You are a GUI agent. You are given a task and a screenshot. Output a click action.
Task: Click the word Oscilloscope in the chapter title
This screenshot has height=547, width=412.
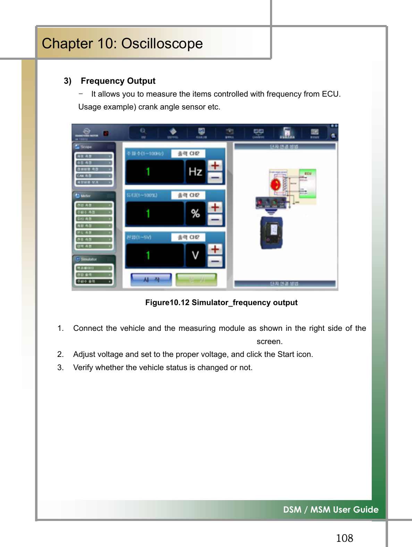[x=162, y=44]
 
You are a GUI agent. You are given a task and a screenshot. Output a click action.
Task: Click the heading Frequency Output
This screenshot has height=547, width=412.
[x=118, y=81]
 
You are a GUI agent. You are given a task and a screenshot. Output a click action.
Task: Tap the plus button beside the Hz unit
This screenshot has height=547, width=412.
[x=215, y=165]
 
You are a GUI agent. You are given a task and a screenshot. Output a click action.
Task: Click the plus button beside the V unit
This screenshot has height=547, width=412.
[x=215, y=249]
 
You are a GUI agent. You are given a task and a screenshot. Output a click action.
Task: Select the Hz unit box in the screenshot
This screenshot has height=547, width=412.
[x=195, y=172]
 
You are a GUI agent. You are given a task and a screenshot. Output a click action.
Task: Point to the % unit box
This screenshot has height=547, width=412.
[x=195, y=213]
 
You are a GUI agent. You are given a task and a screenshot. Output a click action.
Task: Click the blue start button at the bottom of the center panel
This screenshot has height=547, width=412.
[x=151, y=279]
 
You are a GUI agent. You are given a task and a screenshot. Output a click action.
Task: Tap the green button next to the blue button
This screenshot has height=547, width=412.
[x=196, y=279]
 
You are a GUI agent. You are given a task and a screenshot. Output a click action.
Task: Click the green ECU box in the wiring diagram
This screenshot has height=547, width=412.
[x=308, y=183]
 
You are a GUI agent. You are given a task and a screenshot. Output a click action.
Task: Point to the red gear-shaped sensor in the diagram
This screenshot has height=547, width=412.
[x=276, y=184]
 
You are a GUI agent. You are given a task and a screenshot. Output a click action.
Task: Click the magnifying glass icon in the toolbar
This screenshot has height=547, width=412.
[x=143, y=132]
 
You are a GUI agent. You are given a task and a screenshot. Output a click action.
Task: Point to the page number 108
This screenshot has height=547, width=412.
[x=344, y=538]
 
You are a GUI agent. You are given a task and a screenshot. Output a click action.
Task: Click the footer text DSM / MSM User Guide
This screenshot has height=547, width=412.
[x=330, y=509]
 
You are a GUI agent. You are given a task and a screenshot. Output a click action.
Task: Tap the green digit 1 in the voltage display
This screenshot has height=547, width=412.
[x=148, y=255]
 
